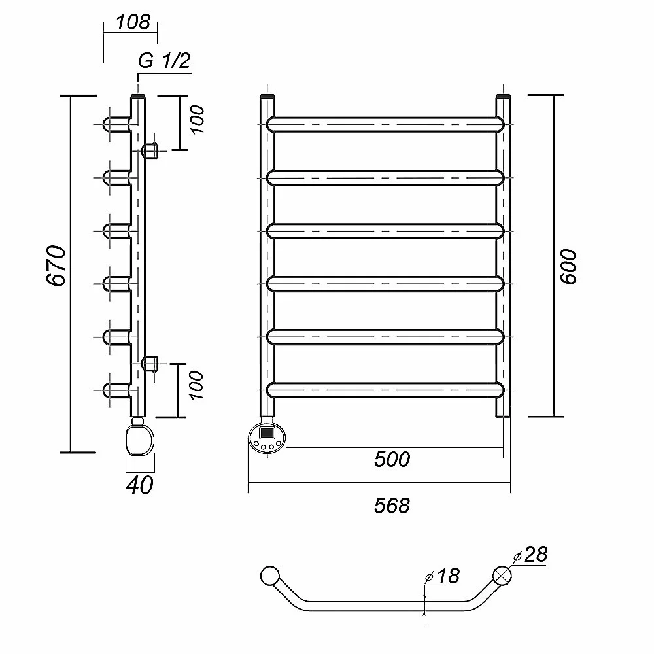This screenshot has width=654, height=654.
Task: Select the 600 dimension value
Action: [x=568, y=266]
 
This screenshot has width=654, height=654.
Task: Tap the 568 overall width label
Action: [x=392, y=505]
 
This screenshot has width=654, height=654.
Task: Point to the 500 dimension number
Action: [x=392, y=459]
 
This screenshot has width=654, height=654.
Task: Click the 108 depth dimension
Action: [x=133, y=22]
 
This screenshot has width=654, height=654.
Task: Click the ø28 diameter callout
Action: [x=531, y=555]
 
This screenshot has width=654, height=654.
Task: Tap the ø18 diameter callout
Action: [x=443, y=576]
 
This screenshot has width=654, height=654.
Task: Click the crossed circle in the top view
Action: [x=502, y=576]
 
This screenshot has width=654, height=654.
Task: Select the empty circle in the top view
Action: [x=269, y=576]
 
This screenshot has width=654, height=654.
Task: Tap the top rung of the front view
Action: [x=386, y=124]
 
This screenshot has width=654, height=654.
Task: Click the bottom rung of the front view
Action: [x=386, y=390]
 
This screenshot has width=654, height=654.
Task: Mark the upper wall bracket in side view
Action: [x=151, y=150]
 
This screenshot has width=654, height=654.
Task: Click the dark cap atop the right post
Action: [x=503, y=98]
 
